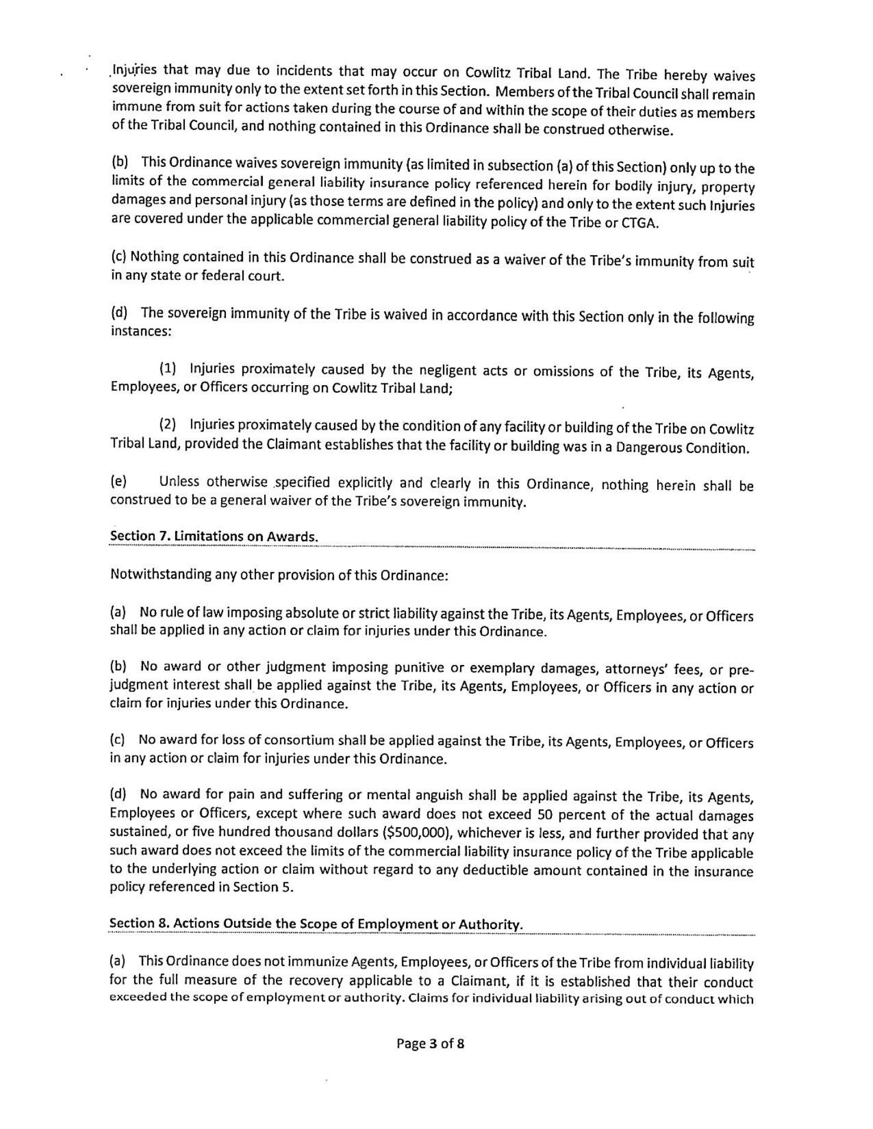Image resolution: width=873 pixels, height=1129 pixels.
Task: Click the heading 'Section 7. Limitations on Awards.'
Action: point(214,536)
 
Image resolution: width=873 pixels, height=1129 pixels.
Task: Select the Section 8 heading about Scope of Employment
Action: point(316,924)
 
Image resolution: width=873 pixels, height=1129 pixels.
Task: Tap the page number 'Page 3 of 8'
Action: point(430,1044)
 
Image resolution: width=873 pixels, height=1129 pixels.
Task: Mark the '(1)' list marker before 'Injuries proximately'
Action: point(168,369)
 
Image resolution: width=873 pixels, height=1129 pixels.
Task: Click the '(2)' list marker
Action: point(168,425)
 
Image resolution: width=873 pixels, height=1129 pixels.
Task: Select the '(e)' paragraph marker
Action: point(118,482)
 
